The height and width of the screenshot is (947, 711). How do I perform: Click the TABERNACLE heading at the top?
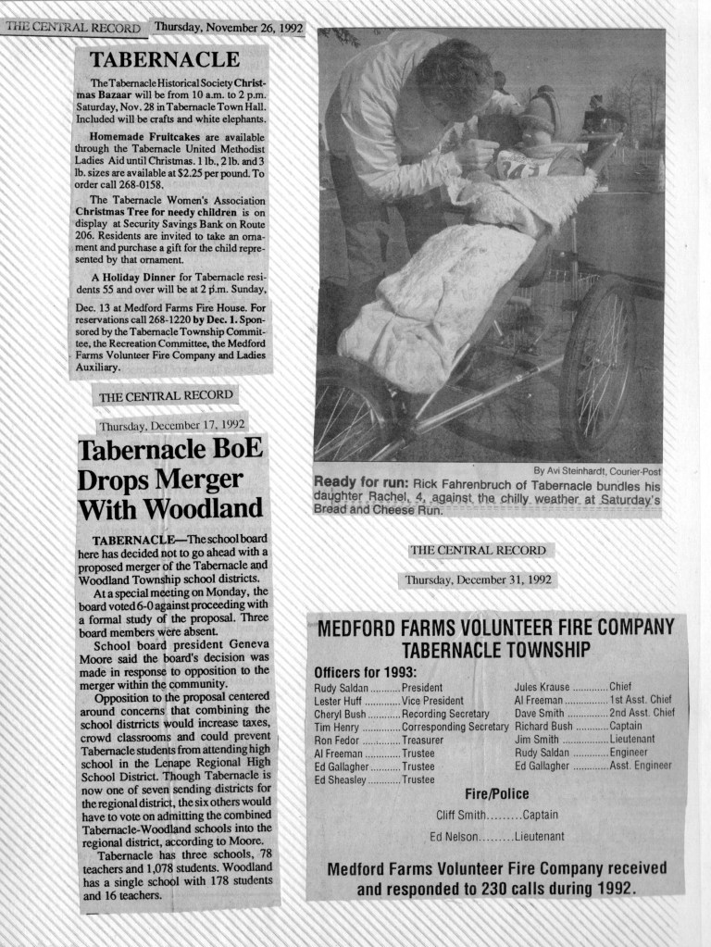tap(164, 60)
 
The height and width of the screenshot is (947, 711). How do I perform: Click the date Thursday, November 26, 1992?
tap(229, 27)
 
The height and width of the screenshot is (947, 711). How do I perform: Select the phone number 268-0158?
tap(149, 183)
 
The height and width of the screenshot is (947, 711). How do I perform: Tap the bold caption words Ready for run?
tap(360, 483)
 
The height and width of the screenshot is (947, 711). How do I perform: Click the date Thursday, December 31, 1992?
tap(477, 580)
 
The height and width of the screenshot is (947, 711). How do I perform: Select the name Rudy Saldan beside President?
tap(341, 688)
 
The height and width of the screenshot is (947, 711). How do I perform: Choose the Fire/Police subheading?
tap(496, 793)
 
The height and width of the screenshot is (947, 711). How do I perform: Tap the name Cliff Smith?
tap(460, 816)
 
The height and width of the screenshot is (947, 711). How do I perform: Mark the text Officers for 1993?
tap(365, 671)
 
